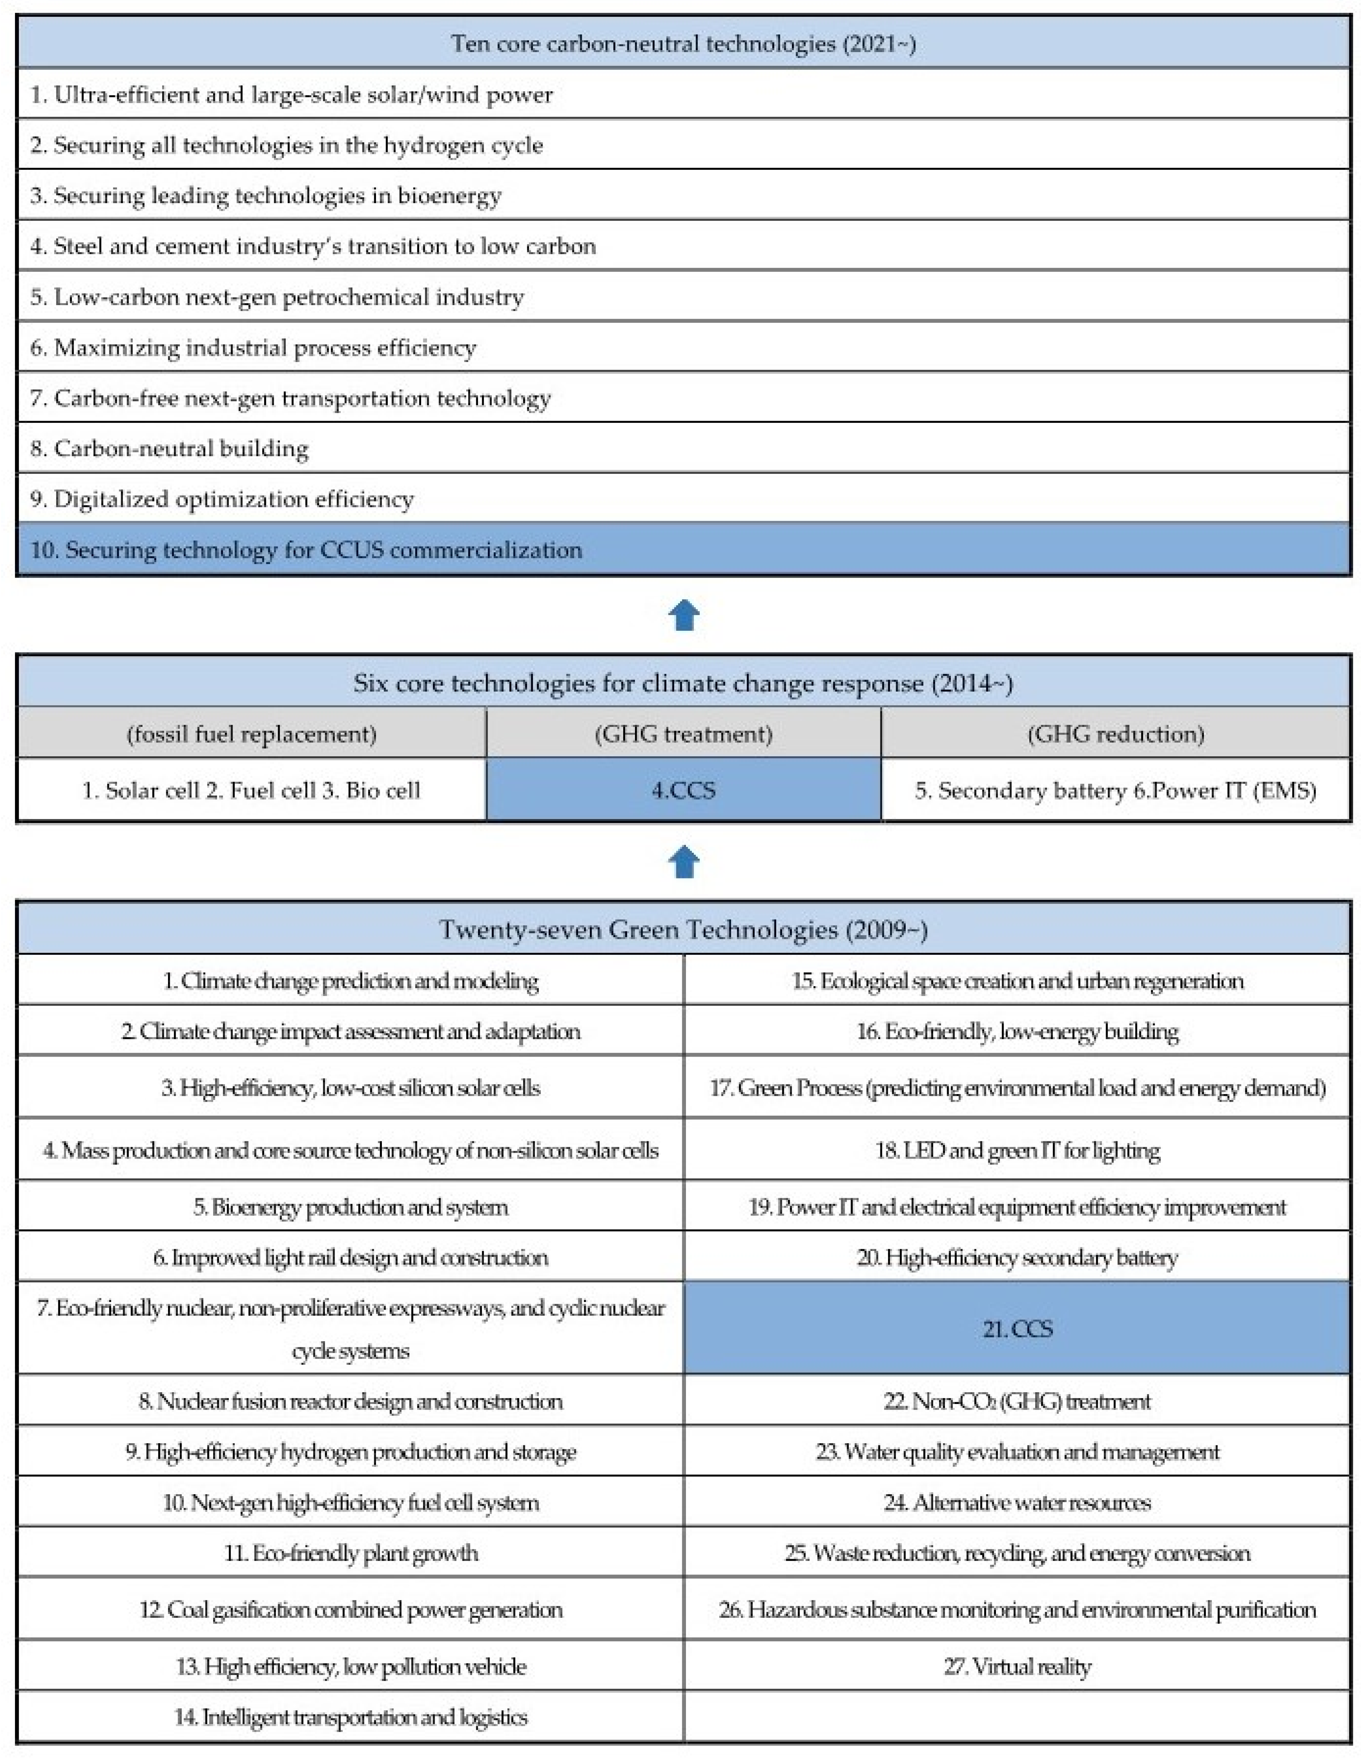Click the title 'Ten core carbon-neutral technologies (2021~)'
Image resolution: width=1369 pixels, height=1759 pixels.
pos(683,44)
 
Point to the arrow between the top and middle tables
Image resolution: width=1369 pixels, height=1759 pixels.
pos(684,615)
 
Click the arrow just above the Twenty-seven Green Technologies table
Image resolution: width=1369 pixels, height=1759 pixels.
pos(684,862)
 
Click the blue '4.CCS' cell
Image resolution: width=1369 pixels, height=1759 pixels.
pos(683,790)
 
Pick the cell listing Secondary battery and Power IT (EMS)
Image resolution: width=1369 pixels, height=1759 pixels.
pos(1115,790)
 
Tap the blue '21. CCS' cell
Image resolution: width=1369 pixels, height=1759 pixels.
pos(1017,1328)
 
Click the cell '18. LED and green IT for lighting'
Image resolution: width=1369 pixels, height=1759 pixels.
pos(1017,1150)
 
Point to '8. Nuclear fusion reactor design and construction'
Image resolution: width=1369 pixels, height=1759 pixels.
pos(351,1401)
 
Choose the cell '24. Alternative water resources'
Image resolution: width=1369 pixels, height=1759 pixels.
pos(1017,1502)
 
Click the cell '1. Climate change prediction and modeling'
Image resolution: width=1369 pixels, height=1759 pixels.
pos(351,981)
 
